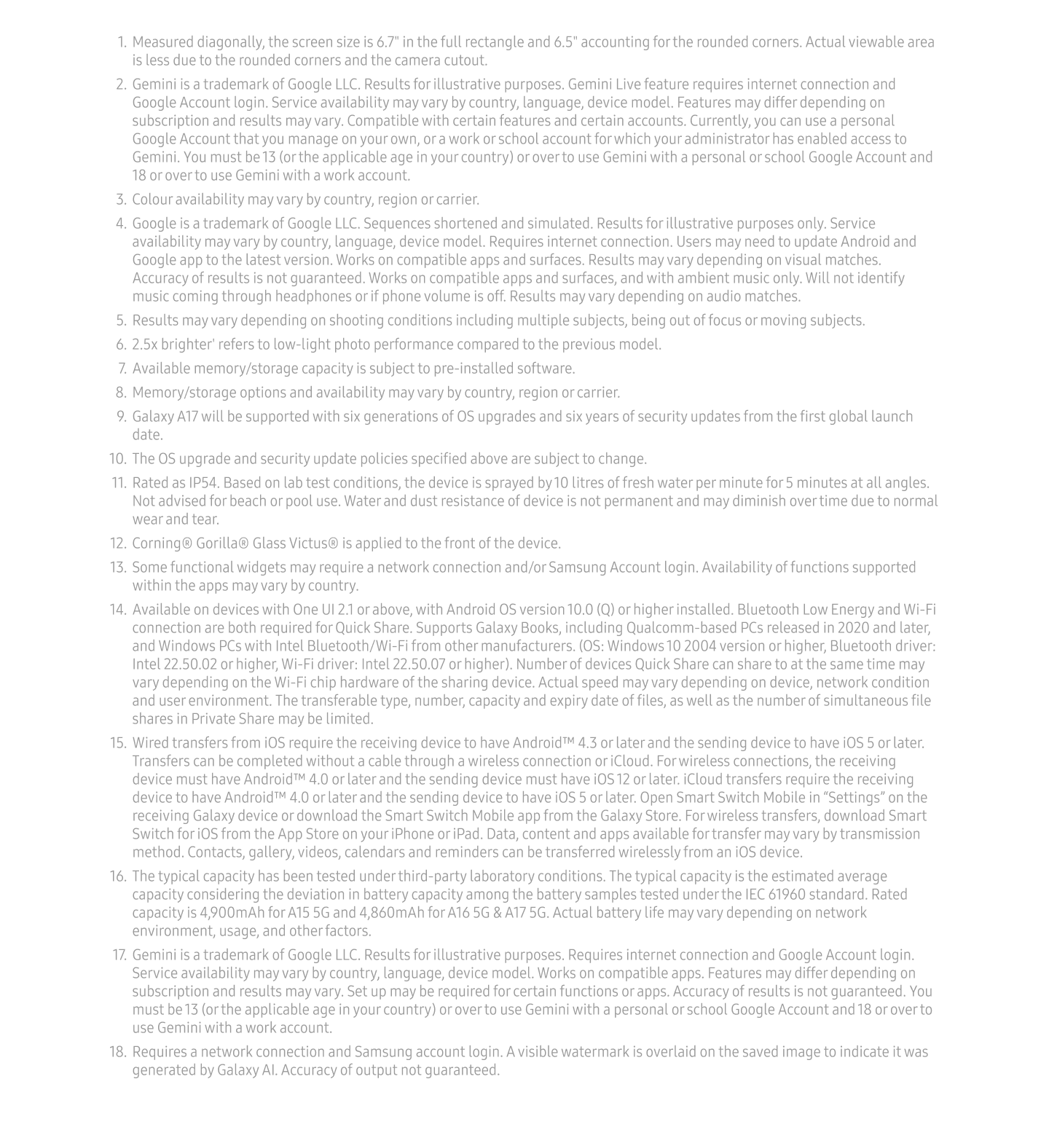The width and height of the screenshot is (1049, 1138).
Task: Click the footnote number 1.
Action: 122,42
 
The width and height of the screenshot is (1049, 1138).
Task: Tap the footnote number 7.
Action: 121,369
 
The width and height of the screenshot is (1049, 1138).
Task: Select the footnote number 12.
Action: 118,544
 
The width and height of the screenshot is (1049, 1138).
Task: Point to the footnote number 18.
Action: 117,1052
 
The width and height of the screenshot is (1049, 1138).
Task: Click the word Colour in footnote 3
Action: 152,200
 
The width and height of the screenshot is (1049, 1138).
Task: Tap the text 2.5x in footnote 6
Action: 144,345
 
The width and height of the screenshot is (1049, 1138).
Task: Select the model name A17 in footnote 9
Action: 187,417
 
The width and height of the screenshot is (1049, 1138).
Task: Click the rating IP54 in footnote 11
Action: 204,483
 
